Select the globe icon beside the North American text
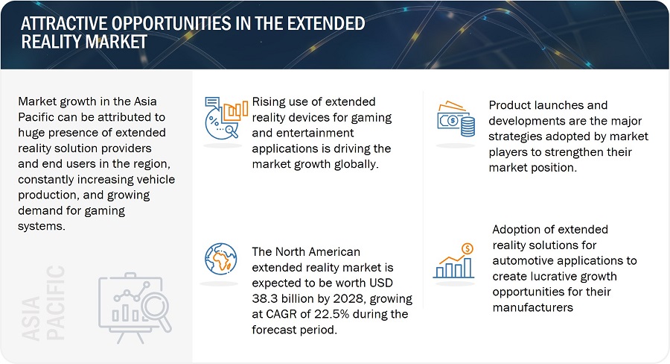(221, 259)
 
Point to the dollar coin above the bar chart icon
(468, 248)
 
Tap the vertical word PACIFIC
(56, 303)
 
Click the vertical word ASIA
(31, 318)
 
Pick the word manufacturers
(533, 307)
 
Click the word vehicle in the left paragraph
(157, 180)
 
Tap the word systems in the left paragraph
(42, 227)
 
